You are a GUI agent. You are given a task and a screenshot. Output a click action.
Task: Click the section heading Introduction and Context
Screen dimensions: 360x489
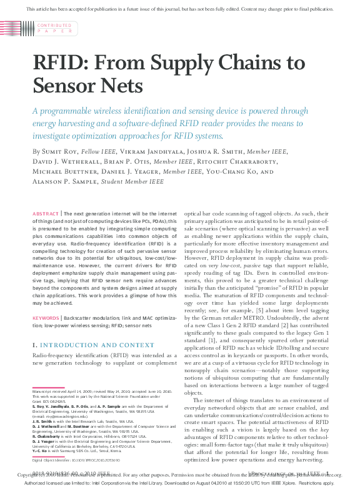88,345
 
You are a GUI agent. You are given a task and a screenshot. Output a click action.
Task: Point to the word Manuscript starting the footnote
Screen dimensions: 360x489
45,390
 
